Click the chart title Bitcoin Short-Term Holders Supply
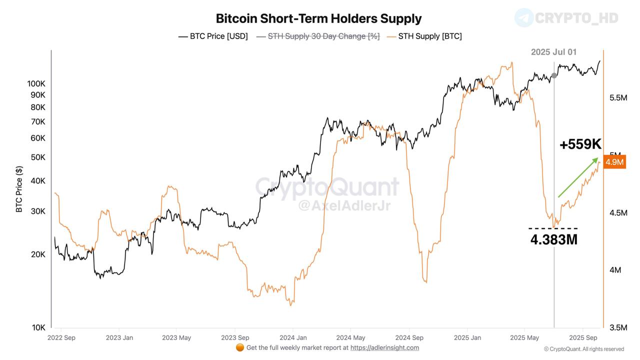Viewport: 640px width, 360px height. tap(318, 18)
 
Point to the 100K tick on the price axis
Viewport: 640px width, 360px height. tap(36, 83)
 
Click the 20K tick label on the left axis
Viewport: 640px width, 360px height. tap(38, 254)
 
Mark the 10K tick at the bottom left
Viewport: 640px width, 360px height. tap(38, 327)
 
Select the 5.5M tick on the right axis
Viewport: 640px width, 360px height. tap(618, 98)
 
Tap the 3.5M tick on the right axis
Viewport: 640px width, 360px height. tap(618, 327)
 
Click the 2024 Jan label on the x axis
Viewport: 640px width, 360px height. tap(293, 337)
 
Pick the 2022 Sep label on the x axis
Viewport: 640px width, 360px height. tap(61, 337)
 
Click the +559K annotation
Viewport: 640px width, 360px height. tap(580, 144)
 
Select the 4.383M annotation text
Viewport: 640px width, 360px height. tap(553, 239)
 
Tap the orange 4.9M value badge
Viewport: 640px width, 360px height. tap(614, 162)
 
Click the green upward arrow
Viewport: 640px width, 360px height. tap(578, 177)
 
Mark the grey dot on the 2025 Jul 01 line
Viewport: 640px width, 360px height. tap(554, 75)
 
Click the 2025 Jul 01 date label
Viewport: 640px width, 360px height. tap(553, 52)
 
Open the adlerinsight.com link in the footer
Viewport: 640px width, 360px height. tap(384, 347)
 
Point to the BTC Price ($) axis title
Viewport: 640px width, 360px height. tap(19, 189)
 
